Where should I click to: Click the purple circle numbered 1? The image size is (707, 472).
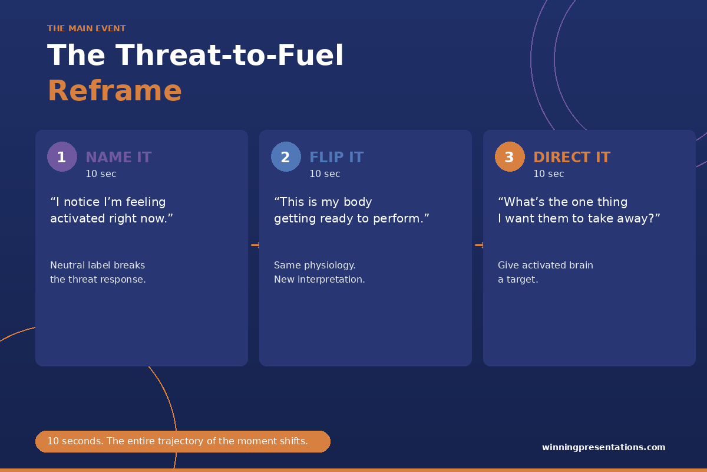pyautogui.click(x=62, y=156)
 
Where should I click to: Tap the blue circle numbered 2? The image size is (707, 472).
pyautogui.click(x=286, y=156)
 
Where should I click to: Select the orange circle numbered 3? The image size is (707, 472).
pyautogui.click(x=510, y=156)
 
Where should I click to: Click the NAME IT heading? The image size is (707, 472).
pyautogui.click(x=118, y=157)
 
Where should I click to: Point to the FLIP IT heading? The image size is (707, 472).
pyautogui.click(x=336, y=157)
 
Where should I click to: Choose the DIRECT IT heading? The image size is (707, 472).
pyautogui.click(x=572, y=157)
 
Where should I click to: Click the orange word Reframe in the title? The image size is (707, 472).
pyautogui.click(x=114, y=91)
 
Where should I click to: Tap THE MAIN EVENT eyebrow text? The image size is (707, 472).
pyautogui.click(x=87, y=28)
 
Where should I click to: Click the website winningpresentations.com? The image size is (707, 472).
pyautogui.click(x=603, y=447)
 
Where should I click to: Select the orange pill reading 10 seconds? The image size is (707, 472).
pyautogui.click(x=183, y=441)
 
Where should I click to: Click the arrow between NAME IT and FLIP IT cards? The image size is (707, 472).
pyautogui.click(x=255, y=245)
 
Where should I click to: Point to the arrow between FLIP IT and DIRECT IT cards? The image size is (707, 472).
pyautogui.click(x=479, y=245)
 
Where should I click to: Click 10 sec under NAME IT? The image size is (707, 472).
pyautogui.click(x=101, y=173)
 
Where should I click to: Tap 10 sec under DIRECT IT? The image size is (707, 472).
pyautogui.click(x=549, y=173)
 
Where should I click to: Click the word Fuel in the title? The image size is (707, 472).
pyautogui.click(x=310, y=55)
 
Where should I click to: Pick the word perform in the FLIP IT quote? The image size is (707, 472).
pyautogui.click(x=398, y=219)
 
